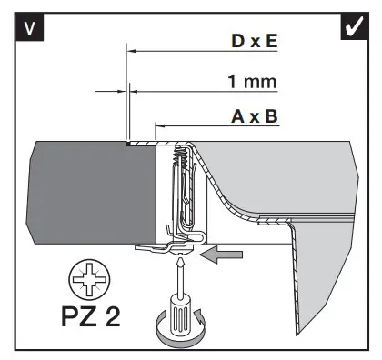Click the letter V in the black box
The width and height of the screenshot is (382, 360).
pos(29,28)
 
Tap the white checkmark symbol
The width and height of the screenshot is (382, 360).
pos(355,26)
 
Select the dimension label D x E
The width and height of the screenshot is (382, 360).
pos(255,41)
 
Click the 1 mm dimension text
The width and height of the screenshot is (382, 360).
pos(252,82)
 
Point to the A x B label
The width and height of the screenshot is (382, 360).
pos(255,116)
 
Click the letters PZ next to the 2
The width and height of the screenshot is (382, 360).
pos(80,316)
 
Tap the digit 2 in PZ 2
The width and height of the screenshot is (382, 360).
pos(113,316)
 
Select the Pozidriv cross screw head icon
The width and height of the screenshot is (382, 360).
pos(89,279)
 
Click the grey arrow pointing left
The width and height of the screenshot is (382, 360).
pos(221,255)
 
